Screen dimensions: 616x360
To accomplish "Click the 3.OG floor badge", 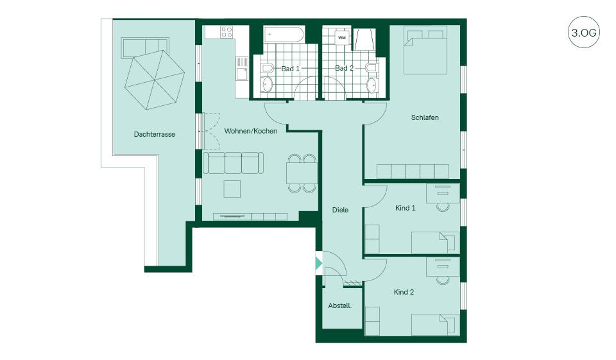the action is point(584,32).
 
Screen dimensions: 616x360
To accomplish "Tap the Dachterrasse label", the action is point(155,134).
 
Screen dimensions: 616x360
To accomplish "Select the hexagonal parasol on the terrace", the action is point(155,80).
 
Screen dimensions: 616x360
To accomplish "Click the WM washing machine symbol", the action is point(342,38).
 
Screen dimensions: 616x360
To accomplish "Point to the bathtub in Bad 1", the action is point(284,35).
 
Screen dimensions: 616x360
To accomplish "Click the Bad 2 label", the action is point(344,68).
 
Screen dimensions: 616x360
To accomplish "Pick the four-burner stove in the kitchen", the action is point(227,32).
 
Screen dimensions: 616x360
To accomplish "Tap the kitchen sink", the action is point(242,69).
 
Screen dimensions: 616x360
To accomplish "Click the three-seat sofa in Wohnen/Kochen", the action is point(234,163).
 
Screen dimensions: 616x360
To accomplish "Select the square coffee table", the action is point(232,189).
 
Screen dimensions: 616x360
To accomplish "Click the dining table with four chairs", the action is point(302,173).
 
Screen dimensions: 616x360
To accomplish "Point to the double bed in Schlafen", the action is point(425,50).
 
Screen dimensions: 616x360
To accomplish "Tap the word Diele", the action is point(340,210).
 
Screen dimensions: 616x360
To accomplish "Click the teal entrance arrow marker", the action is point(319,263).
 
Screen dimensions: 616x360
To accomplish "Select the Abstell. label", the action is point(340,305).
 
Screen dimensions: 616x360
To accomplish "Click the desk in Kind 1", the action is point(443,193).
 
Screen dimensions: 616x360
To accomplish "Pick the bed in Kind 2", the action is point(435,324).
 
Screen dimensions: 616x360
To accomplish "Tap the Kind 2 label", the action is point(404,292).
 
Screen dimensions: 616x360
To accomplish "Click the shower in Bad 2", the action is point(364,39).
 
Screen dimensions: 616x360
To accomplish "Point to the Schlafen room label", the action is point(425,117).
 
